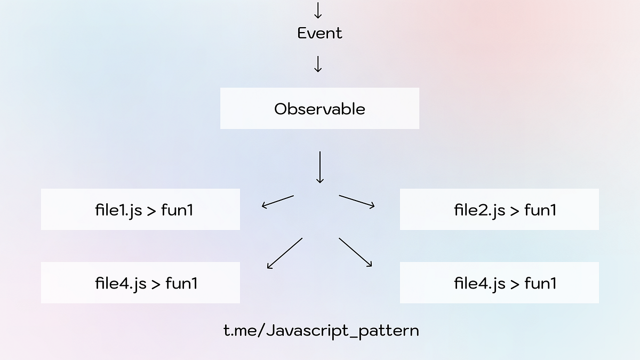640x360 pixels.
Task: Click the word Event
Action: point(319,33)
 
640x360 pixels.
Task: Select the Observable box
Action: point(319,109)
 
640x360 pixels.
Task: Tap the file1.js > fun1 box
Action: point(140,210)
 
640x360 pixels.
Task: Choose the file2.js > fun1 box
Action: point(499,210)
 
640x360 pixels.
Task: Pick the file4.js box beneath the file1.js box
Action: point(140,283)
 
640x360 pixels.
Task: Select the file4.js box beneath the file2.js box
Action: point(499,283)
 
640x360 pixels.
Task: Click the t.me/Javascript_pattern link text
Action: point(321,331)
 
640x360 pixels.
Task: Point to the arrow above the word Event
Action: point(318,10)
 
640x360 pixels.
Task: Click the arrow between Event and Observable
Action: point(318,64)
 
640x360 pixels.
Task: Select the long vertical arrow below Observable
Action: point(320,167)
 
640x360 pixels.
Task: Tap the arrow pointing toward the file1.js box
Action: point(277,202)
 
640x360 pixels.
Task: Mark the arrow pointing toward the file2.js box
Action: point(357,201)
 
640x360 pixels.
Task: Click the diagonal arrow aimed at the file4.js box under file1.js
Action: point(284,253)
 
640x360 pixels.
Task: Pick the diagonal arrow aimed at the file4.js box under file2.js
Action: point(355,252)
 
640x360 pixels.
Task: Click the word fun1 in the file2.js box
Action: point(540,210)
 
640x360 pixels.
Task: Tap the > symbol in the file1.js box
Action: point(151,210)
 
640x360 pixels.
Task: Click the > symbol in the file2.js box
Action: point(515,210)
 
